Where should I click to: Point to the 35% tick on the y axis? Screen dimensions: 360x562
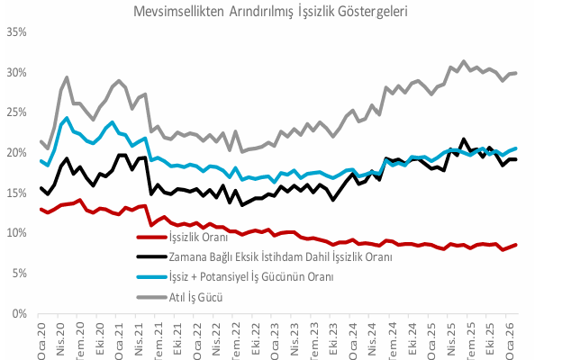(16, 32)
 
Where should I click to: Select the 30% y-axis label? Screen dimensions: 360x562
(16, 73)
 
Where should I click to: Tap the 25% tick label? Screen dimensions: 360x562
(16, 112)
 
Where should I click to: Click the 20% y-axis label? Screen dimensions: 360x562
(16, 153)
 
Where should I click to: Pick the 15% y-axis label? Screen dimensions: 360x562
(16, 193)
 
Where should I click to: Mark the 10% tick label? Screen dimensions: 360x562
(16, 233)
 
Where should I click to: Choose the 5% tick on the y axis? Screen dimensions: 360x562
(19, 274)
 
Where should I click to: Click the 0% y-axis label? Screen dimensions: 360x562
(19, 314)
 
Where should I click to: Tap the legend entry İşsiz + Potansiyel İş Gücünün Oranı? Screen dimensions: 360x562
(258, 277)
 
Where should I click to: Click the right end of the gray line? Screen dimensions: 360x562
(515, 73)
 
